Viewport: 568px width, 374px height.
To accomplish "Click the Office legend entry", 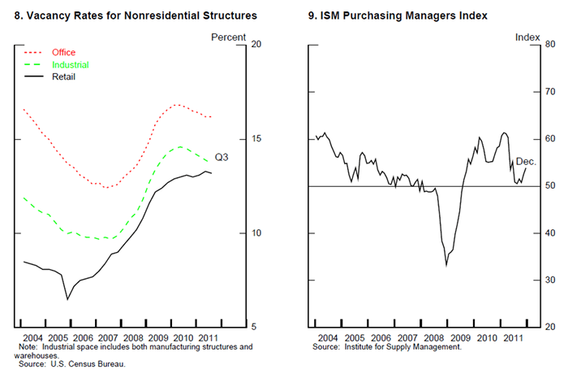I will click(x=63, y=53).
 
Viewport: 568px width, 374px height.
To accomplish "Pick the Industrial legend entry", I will click(x=70, y=64).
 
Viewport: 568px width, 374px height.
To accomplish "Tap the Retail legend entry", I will click(x=64, y=76).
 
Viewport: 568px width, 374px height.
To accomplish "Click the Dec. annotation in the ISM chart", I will click(x=527, y=162).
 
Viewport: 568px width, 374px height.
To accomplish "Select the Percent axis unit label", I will click(x=228, y=37).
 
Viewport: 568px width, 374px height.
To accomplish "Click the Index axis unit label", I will click(x=528, y=37).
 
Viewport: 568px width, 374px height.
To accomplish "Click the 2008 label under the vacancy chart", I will click(x=133, y=337).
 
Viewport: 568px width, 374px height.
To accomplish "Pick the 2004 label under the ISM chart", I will click(x=327, y=337).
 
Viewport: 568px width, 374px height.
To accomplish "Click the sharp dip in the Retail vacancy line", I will click(x=67, y=299).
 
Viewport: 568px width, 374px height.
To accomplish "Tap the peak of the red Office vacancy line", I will click(x=177, y=105).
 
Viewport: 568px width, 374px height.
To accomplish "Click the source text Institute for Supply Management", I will click(x=387, y=347).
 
